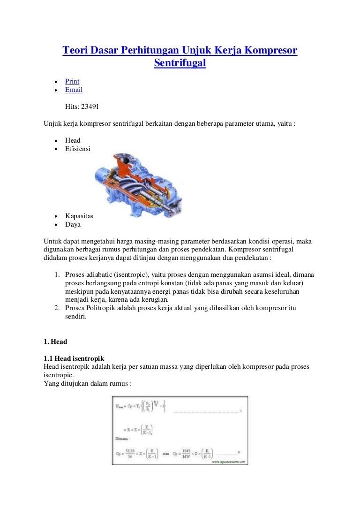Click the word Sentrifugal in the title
coord(180,62)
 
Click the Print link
coord(72,81)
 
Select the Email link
coord(74,90)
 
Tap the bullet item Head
coord(73,140)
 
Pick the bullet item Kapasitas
coord(79,216)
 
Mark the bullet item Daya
coord(73,224)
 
